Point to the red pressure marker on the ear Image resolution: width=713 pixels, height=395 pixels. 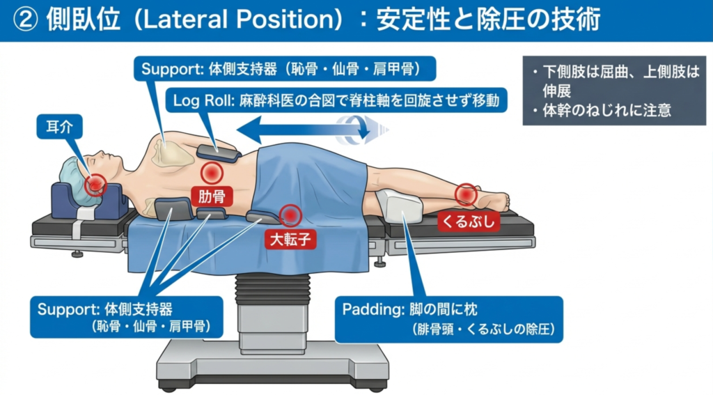[x=95, y=184]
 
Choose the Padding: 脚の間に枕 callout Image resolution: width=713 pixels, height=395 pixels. [x=448, y=319]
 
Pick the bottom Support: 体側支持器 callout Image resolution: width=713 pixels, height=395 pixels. [x=127, y=317]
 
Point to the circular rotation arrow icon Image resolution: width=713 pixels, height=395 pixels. [x=362, y=130]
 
